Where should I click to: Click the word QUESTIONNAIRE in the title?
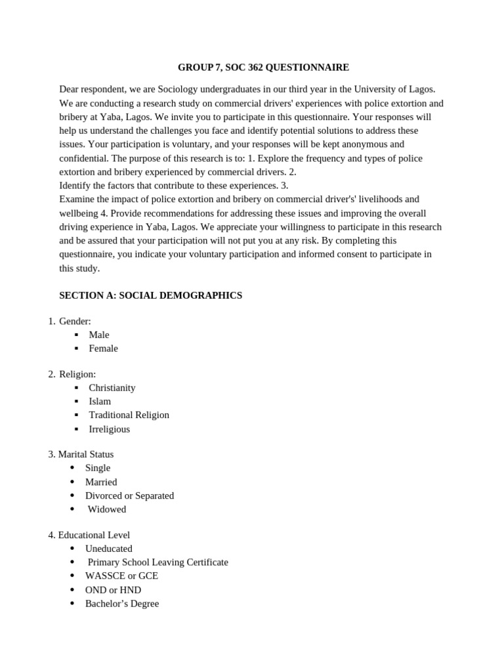point(307,68)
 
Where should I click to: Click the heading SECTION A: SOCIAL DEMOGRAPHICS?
point(150,296)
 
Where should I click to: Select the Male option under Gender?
point(99,335)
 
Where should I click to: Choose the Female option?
point(104,348)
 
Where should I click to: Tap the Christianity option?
point(112,388)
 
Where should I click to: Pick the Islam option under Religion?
point(100,402)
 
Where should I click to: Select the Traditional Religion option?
point(129,415)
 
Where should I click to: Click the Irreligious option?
point(110,429)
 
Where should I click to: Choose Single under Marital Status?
point(98,468)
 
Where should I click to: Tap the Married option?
point(101,482)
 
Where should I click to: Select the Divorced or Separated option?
point(129,496)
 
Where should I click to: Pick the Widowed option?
point(107,509)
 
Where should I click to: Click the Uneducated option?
point(108,549)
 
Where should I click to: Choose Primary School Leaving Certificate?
point(157,562)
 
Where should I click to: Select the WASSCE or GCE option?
point(121,576)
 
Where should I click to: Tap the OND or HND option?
point(113,590)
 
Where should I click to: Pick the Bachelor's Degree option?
point(122,604)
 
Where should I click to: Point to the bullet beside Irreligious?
point(76,429)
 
